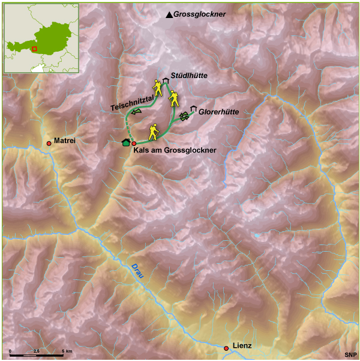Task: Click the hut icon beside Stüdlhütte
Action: (165, 80)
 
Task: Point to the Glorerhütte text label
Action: (219, 112)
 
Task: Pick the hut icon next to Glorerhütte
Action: (193, 109)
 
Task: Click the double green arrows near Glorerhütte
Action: (183, 116)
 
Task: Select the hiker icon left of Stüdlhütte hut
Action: (157, 89)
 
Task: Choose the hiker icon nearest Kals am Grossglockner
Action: (153, 131)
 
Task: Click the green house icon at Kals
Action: (125, 142)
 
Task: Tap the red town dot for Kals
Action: (134, 144)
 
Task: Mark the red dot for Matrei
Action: (49, 143)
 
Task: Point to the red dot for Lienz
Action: (226, 348)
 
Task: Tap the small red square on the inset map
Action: (34, 49)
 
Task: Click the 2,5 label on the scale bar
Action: (36, 350)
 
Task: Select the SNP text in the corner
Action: (350, 355)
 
